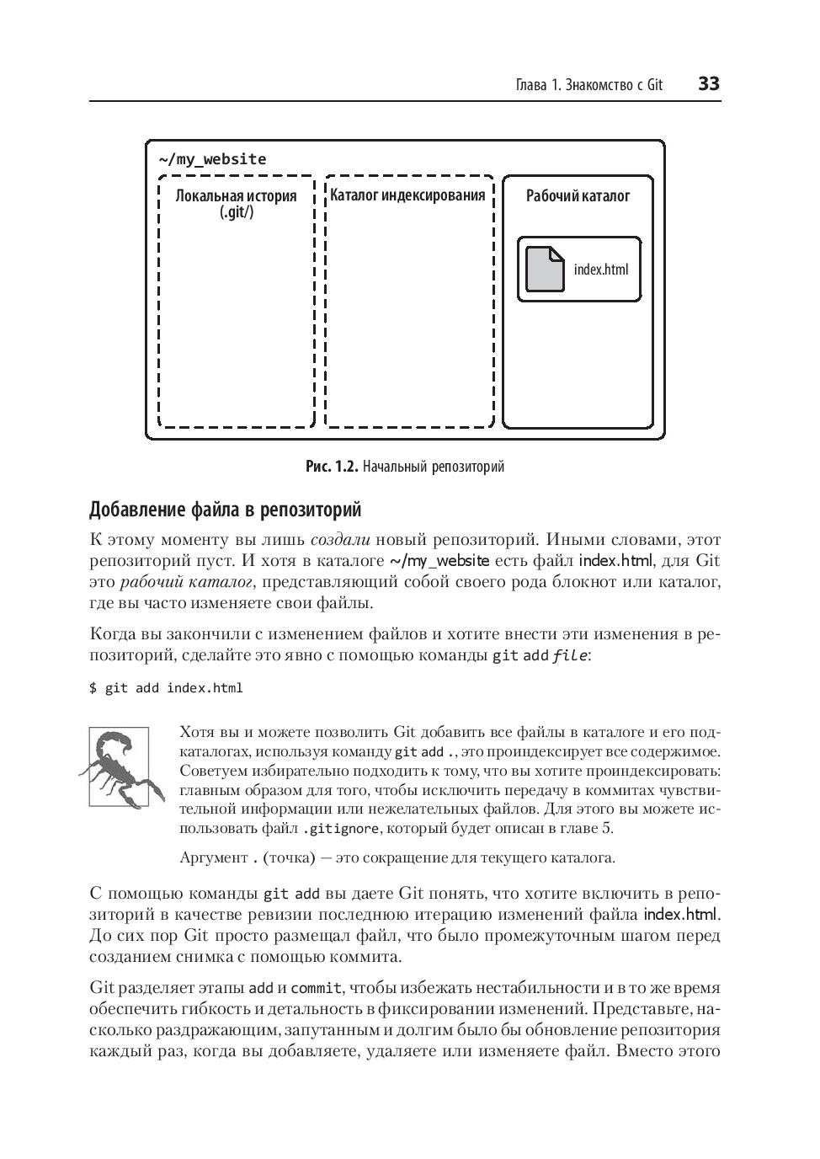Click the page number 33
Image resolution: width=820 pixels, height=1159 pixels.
pos(708,84)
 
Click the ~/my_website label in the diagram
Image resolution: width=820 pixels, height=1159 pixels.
pos(212,159)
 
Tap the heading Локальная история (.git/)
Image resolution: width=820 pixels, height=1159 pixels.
pos(236,204)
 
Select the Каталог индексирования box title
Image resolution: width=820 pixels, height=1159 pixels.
pos(407,195)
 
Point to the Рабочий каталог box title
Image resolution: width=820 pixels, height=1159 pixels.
pos(578,195)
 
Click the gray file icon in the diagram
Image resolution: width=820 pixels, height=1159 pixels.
pos(545,269)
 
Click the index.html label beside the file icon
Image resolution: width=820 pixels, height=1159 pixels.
pos(601,270)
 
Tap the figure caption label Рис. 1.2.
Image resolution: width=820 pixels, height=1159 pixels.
pos(332,466)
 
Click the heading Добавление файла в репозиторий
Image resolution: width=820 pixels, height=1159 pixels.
pos(225,510)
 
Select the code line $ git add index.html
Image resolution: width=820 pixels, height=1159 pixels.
pos(166,688)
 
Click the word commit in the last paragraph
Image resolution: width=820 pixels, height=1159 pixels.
pos(316,988)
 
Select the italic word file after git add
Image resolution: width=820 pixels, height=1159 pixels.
pos(569,655)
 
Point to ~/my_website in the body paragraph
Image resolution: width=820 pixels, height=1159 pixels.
pos(439,561)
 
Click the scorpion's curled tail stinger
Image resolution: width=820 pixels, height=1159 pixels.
pos(126,739)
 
